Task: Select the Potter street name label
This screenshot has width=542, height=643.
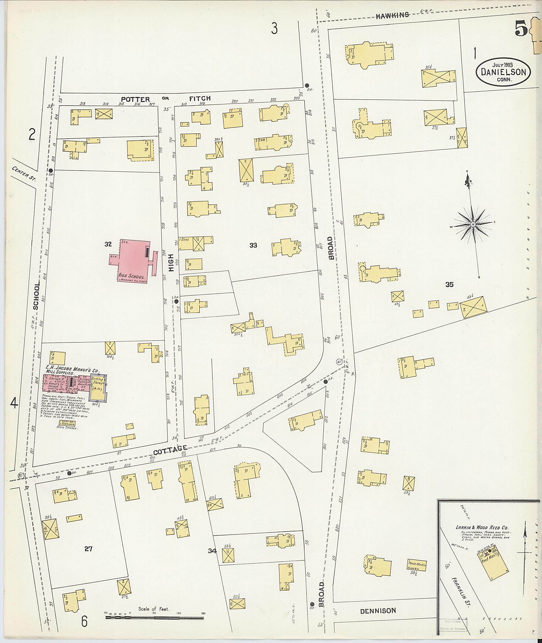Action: [135, 99]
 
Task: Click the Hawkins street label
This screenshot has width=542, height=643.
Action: [392, 15]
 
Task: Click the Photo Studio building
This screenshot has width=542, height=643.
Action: [417, 565]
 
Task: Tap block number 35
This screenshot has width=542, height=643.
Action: [449, 285]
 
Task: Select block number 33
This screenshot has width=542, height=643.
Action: [253, 245]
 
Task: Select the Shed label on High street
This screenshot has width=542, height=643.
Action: [185, 239]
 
